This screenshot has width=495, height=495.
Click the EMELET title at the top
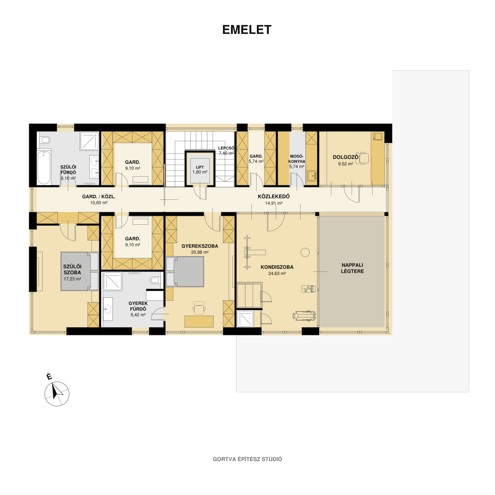247,30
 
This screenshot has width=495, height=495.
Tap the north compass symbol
57,394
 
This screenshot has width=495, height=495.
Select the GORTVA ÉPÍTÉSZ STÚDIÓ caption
247,459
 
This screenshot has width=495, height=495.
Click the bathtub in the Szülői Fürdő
44,167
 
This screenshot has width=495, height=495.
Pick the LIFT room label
200,167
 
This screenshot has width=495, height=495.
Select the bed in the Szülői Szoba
79,271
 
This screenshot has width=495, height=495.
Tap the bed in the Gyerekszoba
185,272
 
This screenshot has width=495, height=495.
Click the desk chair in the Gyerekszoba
199,308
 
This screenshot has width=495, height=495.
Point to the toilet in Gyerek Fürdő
155,280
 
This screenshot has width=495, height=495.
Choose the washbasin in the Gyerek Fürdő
108,309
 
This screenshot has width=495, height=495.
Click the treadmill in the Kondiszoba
304,315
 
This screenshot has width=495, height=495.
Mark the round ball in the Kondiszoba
305,252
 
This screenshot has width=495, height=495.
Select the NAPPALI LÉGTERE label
352,268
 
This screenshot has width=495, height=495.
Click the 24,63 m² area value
277,273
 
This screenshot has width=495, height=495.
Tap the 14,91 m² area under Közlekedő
274,203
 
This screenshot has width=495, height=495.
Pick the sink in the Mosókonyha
312,176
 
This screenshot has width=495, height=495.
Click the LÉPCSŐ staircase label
226,148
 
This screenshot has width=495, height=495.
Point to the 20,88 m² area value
199,252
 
